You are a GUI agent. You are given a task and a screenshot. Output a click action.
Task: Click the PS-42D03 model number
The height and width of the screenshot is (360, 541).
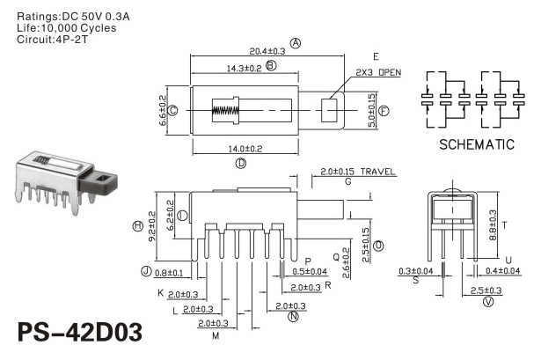[x=80, y=332]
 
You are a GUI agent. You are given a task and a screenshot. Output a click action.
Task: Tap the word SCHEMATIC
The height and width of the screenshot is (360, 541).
[x=477, y=144]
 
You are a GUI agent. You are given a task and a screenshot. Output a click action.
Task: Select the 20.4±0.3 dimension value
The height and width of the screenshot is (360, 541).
[x=267, y=51]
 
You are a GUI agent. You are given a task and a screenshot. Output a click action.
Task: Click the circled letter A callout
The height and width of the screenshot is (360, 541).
[x=296, y=43]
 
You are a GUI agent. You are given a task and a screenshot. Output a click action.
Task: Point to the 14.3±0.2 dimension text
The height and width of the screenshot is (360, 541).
[x=244, y=69]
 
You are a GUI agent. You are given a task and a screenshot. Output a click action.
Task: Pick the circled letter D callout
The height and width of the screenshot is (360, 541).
[x=241, y=163]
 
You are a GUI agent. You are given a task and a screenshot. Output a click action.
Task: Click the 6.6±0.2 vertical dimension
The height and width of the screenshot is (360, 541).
[x=163, y=110]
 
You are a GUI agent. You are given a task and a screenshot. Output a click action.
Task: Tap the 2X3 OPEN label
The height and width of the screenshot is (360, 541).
[x=378, y=72]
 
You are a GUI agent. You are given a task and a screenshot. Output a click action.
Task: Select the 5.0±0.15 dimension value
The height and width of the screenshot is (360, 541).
[x=372, y=110]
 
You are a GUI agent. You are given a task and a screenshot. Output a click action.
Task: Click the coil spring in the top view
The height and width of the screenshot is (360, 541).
[x=225, y=110]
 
